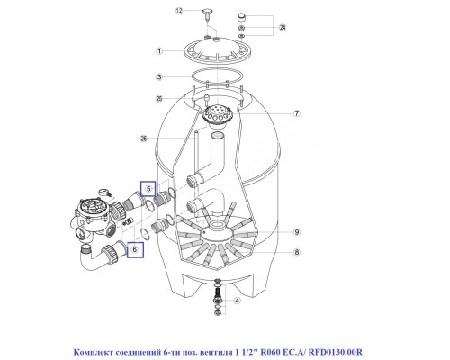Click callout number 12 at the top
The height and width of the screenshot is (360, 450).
pos(179,11)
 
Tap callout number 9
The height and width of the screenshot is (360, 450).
pos(296,231)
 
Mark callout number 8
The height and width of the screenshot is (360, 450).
pos(296,254)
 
